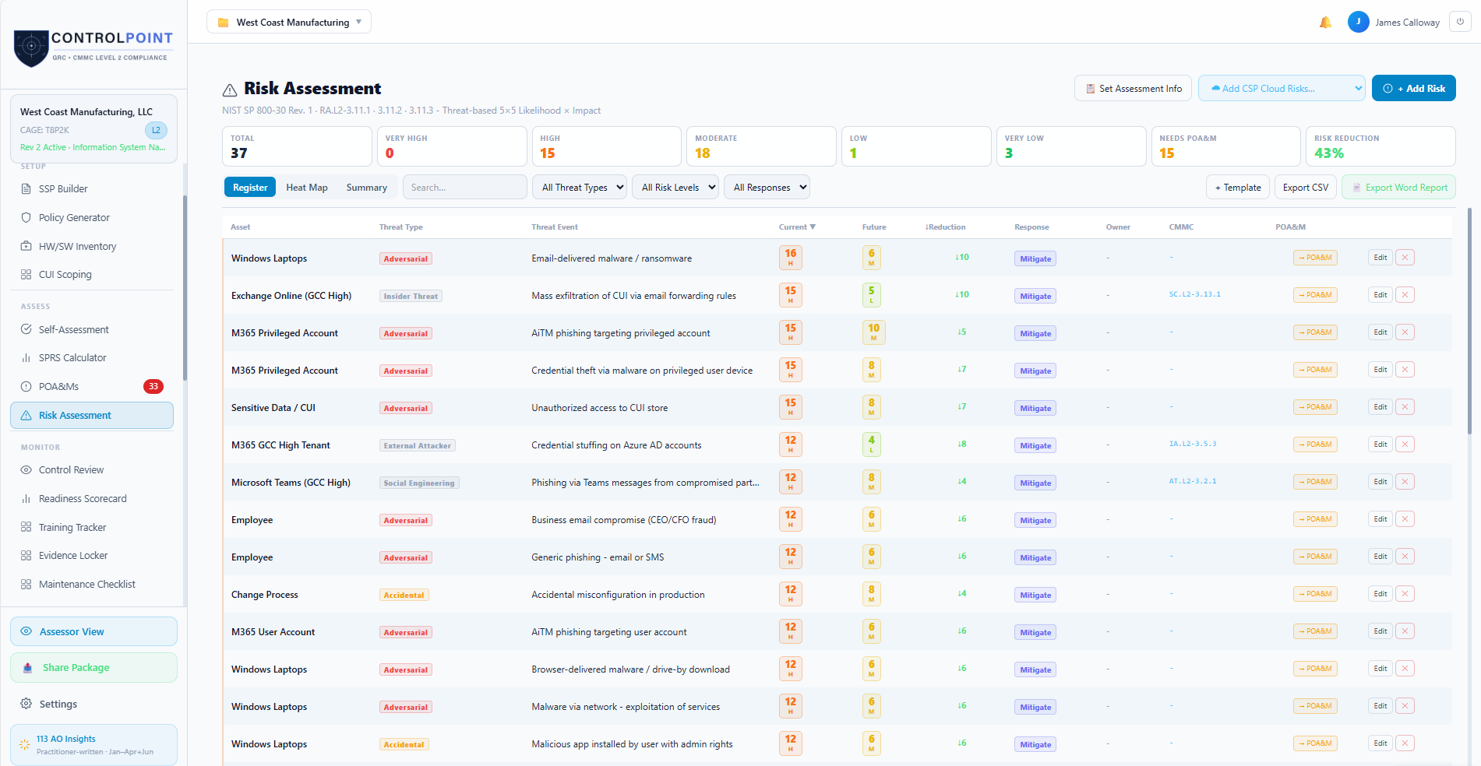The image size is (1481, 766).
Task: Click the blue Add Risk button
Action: [1413, 89]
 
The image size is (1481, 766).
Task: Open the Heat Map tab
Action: [306, 188]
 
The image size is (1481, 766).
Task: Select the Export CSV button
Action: [1305, 188]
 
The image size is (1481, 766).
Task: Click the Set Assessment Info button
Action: [1134, 89]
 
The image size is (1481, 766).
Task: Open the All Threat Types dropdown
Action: [580, 188]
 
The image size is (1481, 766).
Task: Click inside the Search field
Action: [464, 188]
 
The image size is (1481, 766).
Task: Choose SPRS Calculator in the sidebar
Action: [72, 358]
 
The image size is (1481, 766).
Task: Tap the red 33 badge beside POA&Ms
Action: [153, 386]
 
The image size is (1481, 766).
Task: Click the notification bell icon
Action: [1325, 23]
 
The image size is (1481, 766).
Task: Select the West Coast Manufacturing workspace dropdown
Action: [289, 23]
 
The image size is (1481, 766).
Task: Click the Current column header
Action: [797, 227]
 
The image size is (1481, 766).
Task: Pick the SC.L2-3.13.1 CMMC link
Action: [1194, 295]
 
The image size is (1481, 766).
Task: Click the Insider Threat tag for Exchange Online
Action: [411, 297]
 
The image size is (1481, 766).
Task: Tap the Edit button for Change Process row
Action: [1380, 594]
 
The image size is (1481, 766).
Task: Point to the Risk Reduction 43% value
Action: [1328, 153]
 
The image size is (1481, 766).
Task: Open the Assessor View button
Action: [93, 631]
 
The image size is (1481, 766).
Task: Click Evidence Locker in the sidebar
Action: [73, 556]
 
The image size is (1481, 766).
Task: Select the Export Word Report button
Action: [1398, 188]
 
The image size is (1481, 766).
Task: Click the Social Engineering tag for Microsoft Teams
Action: [419, 483]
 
